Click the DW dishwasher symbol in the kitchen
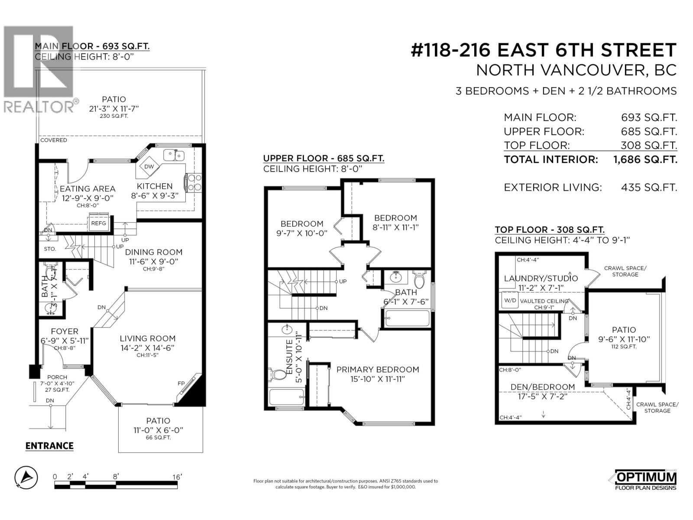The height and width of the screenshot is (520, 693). (149, 167)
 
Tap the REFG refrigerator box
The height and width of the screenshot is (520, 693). (98, 223)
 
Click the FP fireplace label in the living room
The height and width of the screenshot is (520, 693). (181, 383)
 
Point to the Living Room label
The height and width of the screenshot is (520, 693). (148, 338)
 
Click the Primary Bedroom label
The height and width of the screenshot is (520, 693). (378, 370)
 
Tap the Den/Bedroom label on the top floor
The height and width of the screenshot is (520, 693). (543, 387)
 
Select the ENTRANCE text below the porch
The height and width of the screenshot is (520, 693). (49, 446)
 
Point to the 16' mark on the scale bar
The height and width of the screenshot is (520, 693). (177, 477)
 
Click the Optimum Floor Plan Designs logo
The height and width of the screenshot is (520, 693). (645, 481)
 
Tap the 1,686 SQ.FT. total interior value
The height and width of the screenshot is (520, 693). (645, 159)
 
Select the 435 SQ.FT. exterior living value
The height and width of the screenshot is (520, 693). (648, 188)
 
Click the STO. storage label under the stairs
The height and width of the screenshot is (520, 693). (50, 249)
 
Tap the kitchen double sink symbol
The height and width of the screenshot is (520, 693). (174, 155)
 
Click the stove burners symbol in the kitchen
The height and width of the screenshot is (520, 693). (194, 182)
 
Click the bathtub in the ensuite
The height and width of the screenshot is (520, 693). (287, 397)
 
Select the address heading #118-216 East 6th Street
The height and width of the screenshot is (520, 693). (543, 50)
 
